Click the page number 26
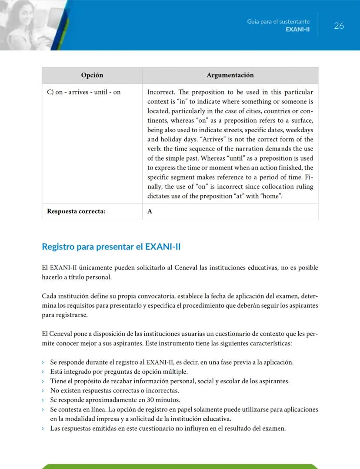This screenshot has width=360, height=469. click(x=339, y=26)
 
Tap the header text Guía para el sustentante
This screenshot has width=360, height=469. click(x=278, y=21)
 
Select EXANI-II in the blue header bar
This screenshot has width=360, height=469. click(x=297, y=30)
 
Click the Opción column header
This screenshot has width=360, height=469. click(x=92, y=75)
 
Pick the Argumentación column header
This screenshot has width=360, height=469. click(x=230, y=75)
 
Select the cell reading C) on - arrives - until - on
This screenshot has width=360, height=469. click(x=83, y=92)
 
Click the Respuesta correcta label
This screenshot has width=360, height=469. click(x=76, y=211)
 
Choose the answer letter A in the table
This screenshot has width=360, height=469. click(x=150, y=211)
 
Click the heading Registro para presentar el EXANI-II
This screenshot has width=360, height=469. click(x=111, y=247)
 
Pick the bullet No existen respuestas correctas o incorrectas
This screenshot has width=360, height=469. click(x=114, y=390)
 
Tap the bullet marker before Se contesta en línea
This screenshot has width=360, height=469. click(x=43, y=409)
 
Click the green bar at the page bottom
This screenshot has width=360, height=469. click(x=180, y=466)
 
